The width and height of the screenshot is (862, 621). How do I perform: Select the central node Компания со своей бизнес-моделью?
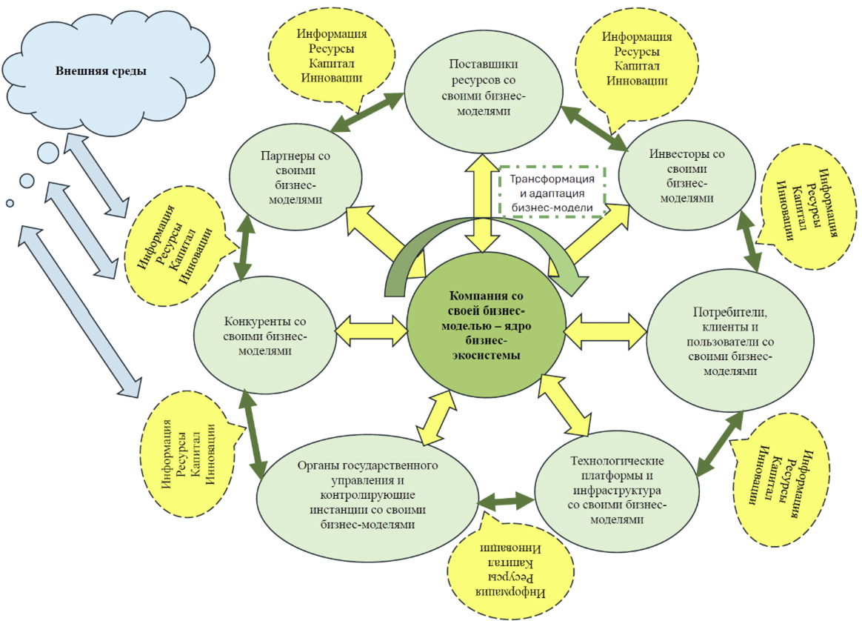pos(486,325)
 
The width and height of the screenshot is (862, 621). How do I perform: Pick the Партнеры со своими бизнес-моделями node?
pos(295,177)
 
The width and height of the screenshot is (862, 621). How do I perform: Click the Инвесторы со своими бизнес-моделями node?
pos(686,176)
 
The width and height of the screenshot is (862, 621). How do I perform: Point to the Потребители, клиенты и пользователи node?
pos(729,341)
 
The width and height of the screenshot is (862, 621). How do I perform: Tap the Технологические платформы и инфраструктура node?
pos(617,490)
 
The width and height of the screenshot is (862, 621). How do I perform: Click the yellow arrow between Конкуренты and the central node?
pos(372,331)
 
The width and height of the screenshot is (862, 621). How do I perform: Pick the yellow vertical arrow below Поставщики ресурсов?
pos(482,203)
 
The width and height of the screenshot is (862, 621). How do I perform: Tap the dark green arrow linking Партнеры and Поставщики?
pos(367,112)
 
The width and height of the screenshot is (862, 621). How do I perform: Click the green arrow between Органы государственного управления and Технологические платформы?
pos(506,501)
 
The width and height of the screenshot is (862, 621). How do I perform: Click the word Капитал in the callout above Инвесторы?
pos(637,66)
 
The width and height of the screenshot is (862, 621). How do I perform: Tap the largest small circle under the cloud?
pos(48,153)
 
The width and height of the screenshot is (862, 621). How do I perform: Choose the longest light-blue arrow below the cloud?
pos(80,310)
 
